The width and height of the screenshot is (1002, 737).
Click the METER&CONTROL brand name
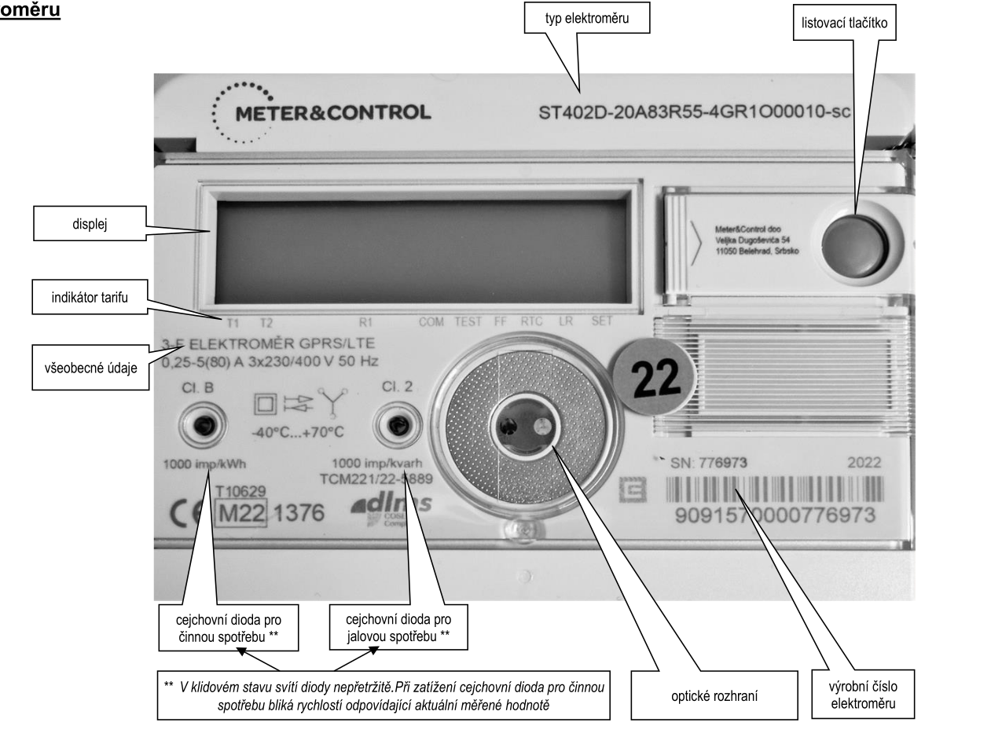pyautogui.click(x=333, y=112)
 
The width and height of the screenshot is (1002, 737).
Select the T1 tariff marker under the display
pyautogui.click(x=233, y=323)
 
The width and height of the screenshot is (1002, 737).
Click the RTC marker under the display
pyautogui.click(x=531, y=322)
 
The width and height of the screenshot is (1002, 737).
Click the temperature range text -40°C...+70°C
pyautogui.click(x=299, y=433)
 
